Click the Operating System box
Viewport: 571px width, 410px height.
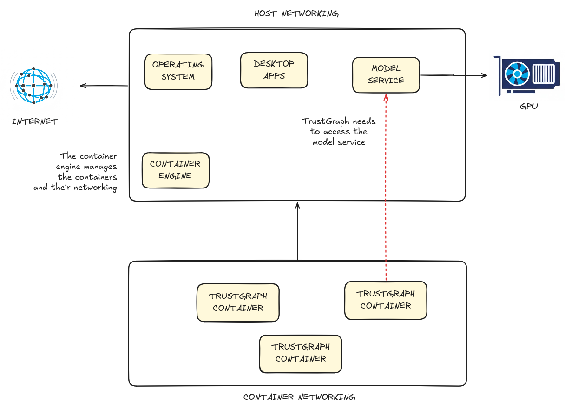pyautogui.click(x=178, y=71)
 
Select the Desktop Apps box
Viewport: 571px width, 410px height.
pyautogui.click(x=274, y=70)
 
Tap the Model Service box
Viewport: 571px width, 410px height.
pyautogui.click(x=386, y=75)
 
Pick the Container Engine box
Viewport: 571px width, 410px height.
pyautogui.click(x=175, y=170)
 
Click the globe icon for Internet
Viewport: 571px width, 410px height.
pyautogui.click(x=33, y=86)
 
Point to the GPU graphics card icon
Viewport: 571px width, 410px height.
pyautogui.click(x=529, y=75)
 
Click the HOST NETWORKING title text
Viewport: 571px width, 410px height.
pyautogui.click(x=296, y=13)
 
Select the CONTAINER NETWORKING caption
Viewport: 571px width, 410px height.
pyautogui.click(x=299, y=397)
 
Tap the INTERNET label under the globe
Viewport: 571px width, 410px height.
pyautogui.click(x=35, y=122)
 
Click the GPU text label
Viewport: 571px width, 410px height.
pyautogui.click(x=529, y=106)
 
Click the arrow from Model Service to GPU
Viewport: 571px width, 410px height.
pyautogui.click(x=453, y=75)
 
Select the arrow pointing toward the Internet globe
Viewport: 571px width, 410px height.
pyautogui.click(x=104, y=86)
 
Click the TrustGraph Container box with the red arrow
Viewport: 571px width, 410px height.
pyautogui.click(x=386, y=300)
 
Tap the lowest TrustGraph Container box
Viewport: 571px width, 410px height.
pyautogui.click(x=301, y=353)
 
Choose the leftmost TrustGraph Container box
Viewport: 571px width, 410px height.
pyautogui.click(x=238, y=302)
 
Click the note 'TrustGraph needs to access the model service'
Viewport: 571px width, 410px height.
pyautogui.click(x=339, y=132)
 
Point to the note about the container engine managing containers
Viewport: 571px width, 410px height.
pyautogui.click(x=76, y=172)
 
